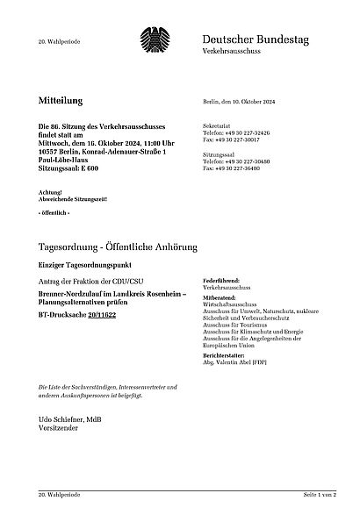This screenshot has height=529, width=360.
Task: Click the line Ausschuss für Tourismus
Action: pos(240,321)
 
